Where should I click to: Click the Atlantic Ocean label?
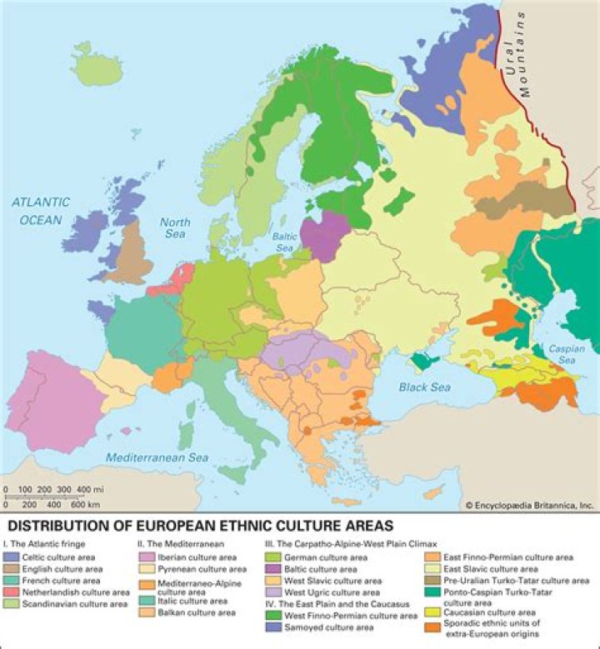pos(40,211)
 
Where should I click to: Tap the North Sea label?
pos(175,228)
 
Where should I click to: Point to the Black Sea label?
pos(423,387)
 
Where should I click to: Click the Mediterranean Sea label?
pos(157,457)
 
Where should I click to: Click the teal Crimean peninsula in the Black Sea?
pos(423,360)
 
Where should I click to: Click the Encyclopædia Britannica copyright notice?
pos(528,504)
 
